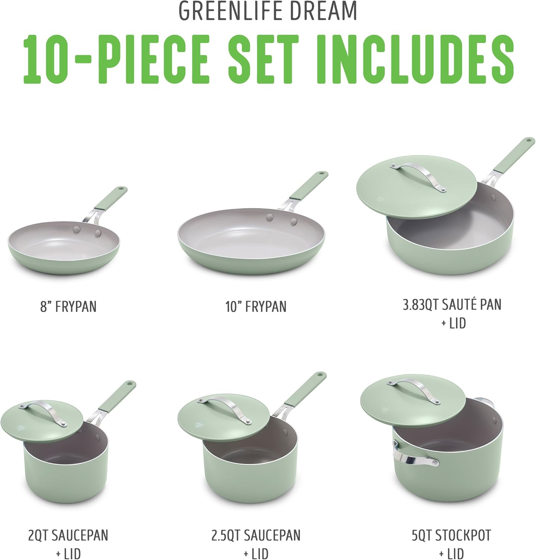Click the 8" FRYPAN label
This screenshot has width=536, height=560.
[x=68, y=307]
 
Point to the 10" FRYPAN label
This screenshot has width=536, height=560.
[x=256, y=307]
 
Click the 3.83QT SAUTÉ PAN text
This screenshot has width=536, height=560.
[x=452, y=305]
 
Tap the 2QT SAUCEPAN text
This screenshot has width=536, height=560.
[x=68, y=535]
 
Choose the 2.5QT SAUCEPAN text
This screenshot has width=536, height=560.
[x=256, y=535]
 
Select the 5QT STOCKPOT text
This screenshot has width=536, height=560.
[x=452, y=535]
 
